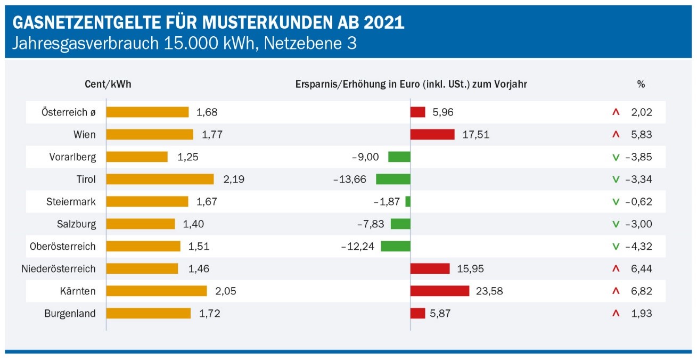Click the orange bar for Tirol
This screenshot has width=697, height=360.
(x=160, y=179)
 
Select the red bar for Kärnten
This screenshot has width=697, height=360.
(x=440, y=291)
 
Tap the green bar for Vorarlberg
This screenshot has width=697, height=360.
(x=399, y=157)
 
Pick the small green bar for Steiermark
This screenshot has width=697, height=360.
(x=408, y=201)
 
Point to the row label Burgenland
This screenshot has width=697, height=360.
(x=70, y=313)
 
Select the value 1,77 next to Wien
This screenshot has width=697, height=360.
(x=212, y=134)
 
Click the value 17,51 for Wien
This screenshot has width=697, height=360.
(x=475, y=134)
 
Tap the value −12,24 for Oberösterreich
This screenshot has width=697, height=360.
(x=357, y=246)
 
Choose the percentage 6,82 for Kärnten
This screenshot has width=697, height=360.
(x=641, y=291)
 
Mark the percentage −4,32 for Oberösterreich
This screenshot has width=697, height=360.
(x=638, y=246)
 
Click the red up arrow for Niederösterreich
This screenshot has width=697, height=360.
(x=616, y=268)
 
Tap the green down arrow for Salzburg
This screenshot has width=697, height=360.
(x=616, y=224)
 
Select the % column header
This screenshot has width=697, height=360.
(x=641, y=84)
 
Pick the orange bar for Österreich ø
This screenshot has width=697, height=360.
(x=147, y=112)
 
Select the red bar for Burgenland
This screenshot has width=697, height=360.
(x=417, y=313)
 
